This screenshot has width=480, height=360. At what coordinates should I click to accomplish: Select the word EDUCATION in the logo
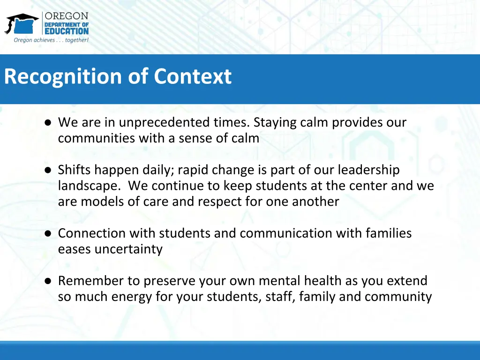[x=66, y=31]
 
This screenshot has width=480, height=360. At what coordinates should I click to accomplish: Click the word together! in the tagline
[x=77, y=40]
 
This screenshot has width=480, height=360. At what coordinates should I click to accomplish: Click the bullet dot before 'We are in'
[x=48, y=123]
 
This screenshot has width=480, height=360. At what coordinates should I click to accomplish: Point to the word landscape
[x=88, y=186]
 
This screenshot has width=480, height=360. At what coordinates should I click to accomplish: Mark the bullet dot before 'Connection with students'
[x=48, y=234]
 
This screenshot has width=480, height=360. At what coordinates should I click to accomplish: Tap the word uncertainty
[x=128, y=249]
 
